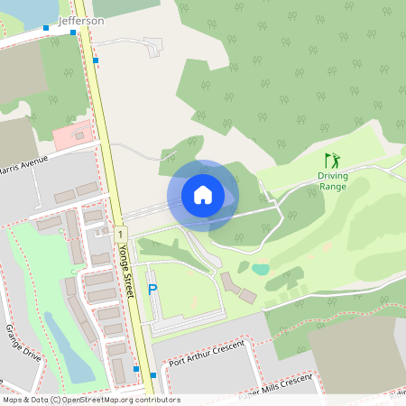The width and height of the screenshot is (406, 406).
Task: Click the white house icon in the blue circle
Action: (203, 194)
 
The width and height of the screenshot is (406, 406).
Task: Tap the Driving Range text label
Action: (333, 180)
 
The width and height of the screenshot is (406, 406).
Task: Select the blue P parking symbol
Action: (152, 290)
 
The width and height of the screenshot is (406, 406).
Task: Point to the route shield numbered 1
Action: (120, 233)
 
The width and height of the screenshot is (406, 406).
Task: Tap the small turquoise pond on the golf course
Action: (261, 269)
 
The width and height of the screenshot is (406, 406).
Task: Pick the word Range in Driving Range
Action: (333, 186)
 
